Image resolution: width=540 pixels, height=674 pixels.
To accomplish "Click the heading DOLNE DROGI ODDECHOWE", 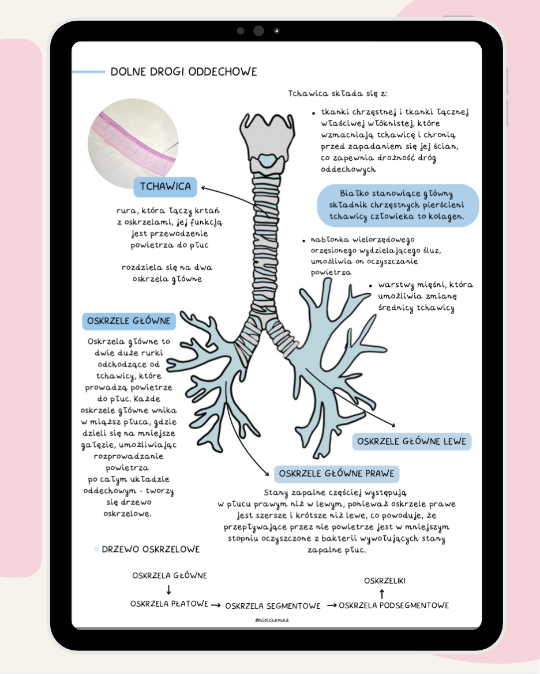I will click(x=183, y=72).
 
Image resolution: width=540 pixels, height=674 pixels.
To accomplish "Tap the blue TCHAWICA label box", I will click(x=165, y=187).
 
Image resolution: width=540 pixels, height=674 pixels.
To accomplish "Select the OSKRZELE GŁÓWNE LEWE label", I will click(x=412, y=442).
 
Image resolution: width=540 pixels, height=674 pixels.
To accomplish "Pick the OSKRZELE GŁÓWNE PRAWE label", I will click(x=337, y=474).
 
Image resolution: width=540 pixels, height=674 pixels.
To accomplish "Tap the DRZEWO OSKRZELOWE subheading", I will click(x=151, y=550).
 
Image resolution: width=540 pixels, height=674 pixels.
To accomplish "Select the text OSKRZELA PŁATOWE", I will click(x=169, y=604).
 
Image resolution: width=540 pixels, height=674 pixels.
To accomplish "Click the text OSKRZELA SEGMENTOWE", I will click(x=272, y=606).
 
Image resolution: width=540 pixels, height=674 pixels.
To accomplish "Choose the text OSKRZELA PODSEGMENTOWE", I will click(x=393, y=605).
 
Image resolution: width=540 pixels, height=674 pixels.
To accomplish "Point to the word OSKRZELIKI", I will click(x=384, y=581).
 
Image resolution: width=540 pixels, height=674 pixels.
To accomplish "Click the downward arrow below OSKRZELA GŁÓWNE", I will click(x=169, y=589).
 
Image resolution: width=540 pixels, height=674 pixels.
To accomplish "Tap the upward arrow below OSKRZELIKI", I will click(x=381, y=593).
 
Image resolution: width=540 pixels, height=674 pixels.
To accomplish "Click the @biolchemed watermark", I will click(x=272, y=620).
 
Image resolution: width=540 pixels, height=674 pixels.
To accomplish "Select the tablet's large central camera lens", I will click(x=258, y=31).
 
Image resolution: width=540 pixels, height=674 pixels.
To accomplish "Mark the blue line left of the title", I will click(x=88, y=72).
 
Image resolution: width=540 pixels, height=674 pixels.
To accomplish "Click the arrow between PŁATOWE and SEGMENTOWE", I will click(x=216, y=605).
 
